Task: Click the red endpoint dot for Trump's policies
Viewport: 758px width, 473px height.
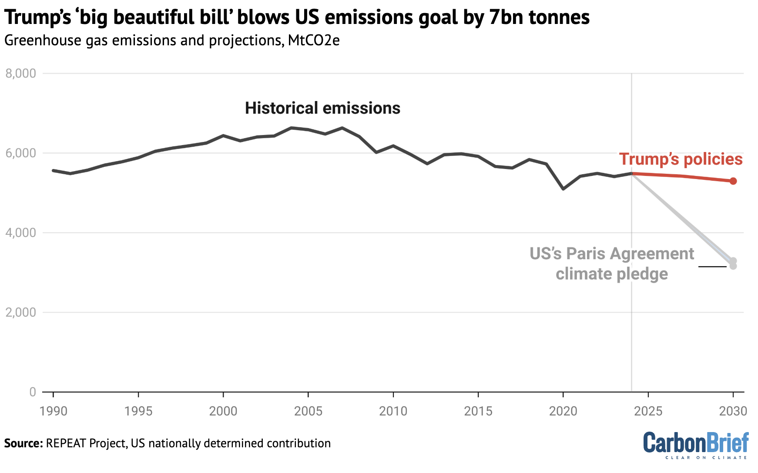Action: tap(733, 181)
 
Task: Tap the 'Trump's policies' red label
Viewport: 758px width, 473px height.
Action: tap(681, 159)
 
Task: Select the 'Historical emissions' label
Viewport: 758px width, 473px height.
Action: tap(322, 108)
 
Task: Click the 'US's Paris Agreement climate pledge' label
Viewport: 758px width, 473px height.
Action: tap(611, 264)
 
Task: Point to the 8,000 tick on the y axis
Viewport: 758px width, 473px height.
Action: tap(20, 73)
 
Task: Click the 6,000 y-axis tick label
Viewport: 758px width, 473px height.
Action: tap(20, 153)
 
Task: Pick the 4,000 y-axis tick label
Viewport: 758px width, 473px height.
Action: tap(20, 233)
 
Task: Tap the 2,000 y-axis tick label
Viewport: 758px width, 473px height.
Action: tap(20, 312)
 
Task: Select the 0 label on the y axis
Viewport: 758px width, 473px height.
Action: tap(32, 392)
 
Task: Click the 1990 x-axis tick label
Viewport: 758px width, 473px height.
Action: tap(53, 411)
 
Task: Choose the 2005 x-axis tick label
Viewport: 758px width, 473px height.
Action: tap(308, 411)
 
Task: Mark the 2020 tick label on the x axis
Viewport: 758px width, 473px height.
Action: tap(563, 411)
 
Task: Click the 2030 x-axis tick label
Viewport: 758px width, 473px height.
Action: tap(733, 411)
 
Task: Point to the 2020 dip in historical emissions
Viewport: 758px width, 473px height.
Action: tap(563, 189)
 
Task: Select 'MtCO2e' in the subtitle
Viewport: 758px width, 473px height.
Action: tap(313, 41)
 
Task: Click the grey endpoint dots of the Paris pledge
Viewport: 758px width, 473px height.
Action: tap(733, 263)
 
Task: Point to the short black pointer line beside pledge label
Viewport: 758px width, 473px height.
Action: tap(712, 266)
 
